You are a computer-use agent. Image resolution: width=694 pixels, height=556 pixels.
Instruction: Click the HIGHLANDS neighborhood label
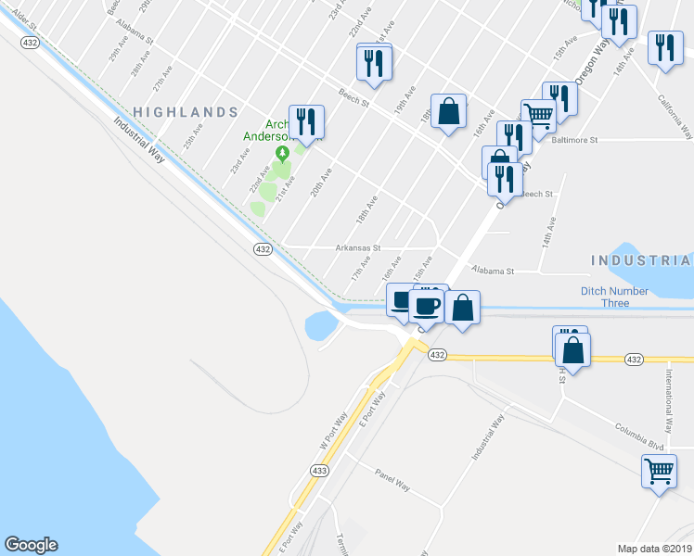pos(186,112)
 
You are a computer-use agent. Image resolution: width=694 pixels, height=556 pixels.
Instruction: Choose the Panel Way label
pos(392,484)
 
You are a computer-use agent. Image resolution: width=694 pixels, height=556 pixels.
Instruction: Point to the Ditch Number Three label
pos(618,297)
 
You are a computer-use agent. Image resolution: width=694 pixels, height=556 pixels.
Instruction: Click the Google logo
pos(31,545)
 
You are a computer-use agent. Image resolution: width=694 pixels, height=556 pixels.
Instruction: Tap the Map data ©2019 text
pos(654,549)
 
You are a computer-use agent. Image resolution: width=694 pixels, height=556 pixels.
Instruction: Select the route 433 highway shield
pos(319,471)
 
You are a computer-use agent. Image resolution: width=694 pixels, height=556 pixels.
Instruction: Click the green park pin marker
pos(281,153)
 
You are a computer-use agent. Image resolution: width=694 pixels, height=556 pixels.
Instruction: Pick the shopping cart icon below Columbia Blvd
pos(659,470)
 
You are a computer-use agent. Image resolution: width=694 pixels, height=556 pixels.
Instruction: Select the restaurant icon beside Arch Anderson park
pos(305,121)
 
